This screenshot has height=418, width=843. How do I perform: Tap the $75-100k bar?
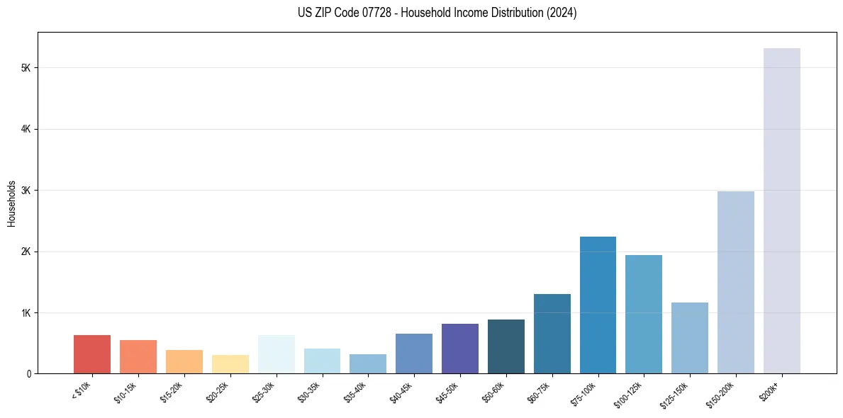tap(598, 305)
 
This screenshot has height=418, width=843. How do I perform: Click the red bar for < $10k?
tap(92, 354)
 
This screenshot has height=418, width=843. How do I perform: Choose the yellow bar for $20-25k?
tap(230, 364)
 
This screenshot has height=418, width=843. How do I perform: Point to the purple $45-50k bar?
tap(459, 349)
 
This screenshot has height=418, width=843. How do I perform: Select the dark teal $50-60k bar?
tap(506, 346)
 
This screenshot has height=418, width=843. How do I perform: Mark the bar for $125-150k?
tap(689, 338)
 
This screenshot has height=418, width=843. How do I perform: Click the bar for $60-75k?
tap(552, 334)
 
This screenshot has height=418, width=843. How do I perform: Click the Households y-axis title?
tap(11, 203)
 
